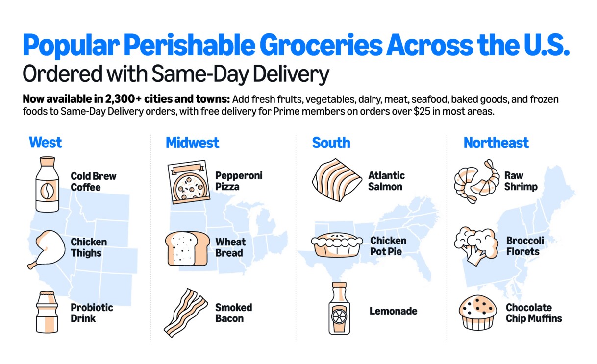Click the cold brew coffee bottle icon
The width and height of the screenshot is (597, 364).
tap(48, 184)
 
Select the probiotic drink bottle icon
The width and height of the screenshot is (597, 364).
tap(47, 312)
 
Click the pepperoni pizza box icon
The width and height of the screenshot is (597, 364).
tap(188, 182)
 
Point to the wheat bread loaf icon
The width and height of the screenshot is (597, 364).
tap(187, 248)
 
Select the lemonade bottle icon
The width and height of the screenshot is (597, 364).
tap(339, 309)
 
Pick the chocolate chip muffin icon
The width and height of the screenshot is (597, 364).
tap(477, 312)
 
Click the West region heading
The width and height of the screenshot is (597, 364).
tap(46, 143)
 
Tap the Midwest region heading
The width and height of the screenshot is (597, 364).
tap(192, 143)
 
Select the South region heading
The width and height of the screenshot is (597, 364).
tap(331, 143)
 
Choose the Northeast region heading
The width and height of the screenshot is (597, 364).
tap(496, 143)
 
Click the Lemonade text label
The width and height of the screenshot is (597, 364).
tap(393, 311)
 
